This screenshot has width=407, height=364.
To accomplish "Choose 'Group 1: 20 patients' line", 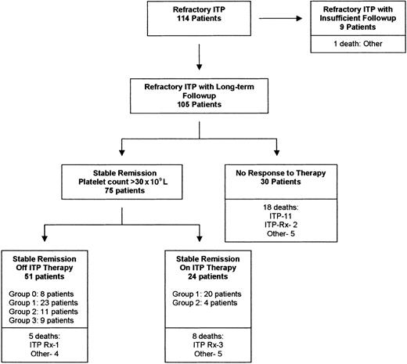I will click(215, 293).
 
